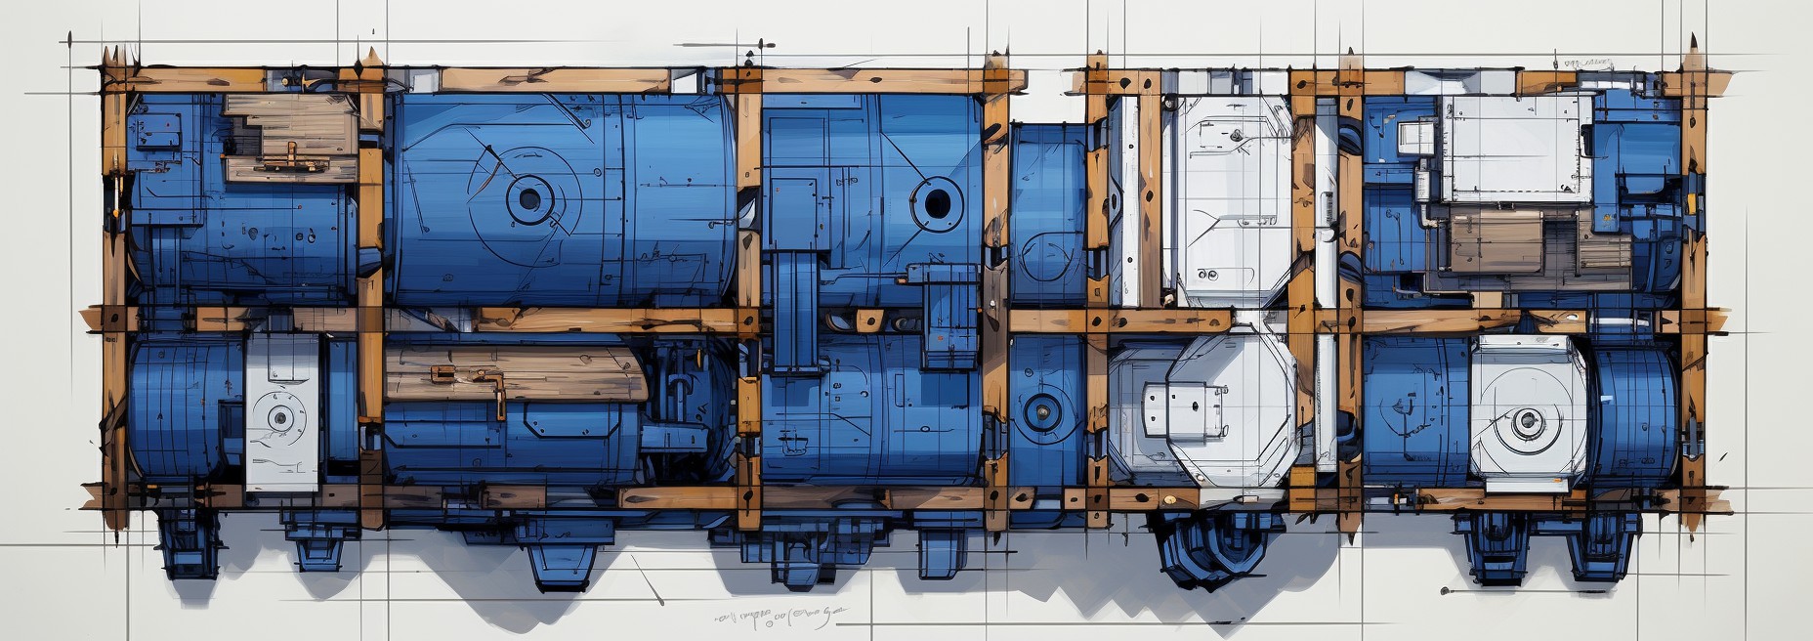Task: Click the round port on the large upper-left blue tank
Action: click(528, 199)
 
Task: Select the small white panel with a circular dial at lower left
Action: click(281, 414)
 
